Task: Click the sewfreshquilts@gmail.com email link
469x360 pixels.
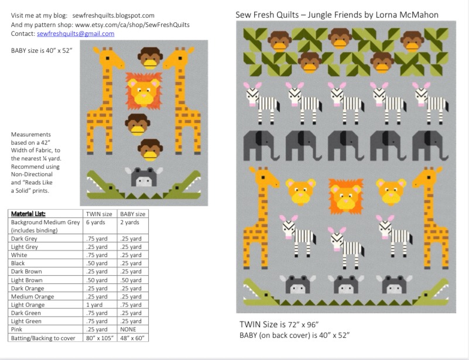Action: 76,34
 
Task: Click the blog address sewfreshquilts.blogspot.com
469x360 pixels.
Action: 114,16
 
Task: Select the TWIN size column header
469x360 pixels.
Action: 99,214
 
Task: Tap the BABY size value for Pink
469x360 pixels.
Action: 128,329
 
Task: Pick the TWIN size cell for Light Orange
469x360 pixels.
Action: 94,305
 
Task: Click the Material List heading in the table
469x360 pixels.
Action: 28,214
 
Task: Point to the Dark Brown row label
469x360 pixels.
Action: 26,272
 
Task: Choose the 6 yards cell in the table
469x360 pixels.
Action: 95,222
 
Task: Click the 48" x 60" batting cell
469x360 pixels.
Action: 132,338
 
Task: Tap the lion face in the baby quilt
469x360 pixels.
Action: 143,90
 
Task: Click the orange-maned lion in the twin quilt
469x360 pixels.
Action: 346,196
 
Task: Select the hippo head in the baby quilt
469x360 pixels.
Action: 144,177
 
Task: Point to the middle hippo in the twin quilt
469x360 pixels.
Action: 346,284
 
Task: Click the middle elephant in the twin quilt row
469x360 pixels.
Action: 345,146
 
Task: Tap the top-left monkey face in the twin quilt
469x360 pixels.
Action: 279,41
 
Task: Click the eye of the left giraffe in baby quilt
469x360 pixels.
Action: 107,58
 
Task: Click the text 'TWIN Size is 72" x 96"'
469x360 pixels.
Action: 279,324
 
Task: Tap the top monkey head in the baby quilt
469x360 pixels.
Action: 150,58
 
